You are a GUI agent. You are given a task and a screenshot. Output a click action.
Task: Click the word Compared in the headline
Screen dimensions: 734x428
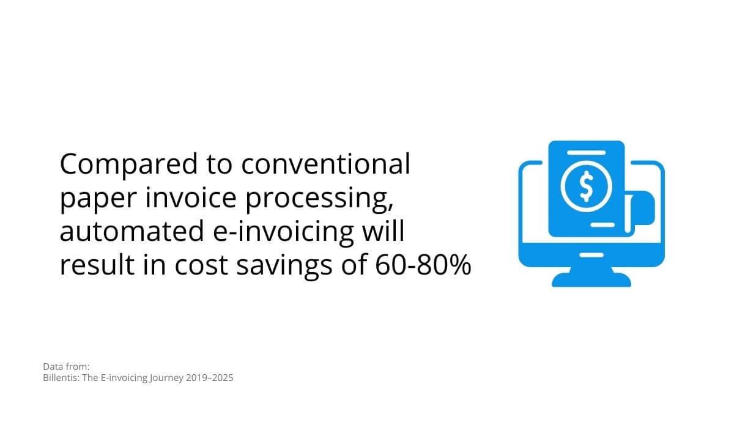[x=129, y=164]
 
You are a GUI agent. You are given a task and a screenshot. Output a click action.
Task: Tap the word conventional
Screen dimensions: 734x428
[x=325, y=163]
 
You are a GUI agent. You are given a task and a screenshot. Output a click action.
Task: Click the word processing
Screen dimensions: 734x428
[x=319, y=199]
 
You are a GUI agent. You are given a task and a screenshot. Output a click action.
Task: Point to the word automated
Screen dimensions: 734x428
[x=132, y=231]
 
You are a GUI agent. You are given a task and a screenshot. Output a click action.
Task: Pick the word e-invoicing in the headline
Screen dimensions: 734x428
[x=283, y=232]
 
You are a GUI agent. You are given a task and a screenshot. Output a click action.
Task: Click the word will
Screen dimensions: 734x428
[x=384, y=231]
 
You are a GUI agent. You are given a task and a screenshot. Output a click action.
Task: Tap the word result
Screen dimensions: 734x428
[x=97, y=264]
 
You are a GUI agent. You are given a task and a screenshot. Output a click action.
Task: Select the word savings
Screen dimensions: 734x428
[x=284, y=266]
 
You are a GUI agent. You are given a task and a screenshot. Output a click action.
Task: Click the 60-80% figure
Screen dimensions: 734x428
[x=423, y=264]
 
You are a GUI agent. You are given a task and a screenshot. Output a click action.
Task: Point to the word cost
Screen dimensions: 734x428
[x=201, y=265]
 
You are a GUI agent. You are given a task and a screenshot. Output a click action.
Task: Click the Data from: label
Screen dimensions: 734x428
[x=66, y=366]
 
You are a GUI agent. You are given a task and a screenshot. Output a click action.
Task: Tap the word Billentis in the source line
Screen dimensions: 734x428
[x=61, y=378]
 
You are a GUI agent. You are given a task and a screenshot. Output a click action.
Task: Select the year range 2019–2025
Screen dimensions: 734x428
[x=209, y=378]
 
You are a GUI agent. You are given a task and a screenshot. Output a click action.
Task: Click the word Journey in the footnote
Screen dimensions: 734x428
[x=166, y=378]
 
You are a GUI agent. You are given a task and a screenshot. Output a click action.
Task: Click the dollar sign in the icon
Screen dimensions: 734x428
[x=587, y=186]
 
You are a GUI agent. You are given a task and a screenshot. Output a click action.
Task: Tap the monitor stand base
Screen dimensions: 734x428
[x=591, y=279]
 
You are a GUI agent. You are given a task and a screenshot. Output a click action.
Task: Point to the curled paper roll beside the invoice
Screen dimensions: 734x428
[x=640, y=212]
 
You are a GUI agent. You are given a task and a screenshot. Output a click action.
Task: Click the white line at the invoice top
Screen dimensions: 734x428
[x=586, y=153]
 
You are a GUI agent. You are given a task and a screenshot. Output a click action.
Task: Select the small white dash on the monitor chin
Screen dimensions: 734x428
[x=591, y=255]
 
